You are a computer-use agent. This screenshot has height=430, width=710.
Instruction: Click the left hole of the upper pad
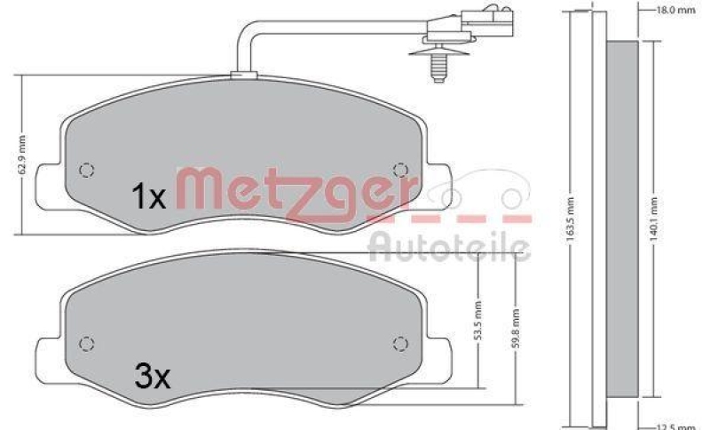coord(86,170)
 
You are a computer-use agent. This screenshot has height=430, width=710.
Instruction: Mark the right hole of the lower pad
coord(400,342)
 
